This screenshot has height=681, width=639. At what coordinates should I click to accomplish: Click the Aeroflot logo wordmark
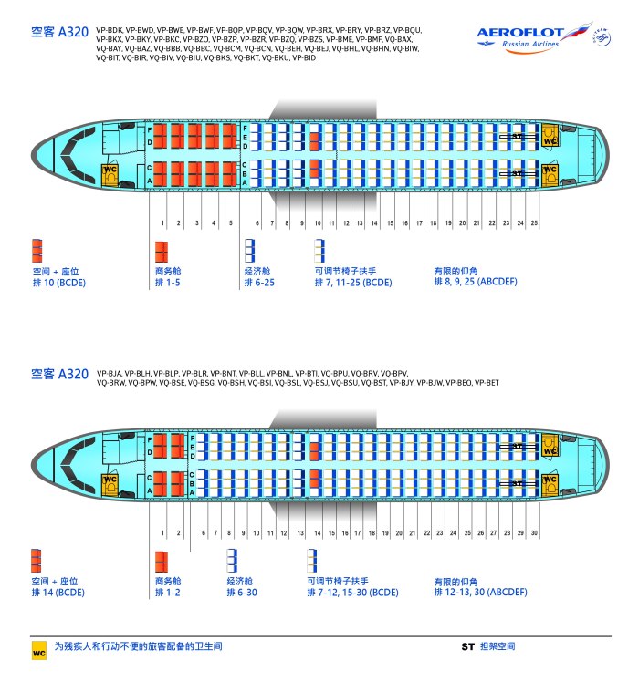pos(520,33)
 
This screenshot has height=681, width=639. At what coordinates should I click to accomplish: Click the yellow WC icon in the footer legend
pos(38,651)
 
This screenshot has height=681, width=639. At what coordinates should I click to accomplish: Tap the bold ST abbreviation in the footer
pos(467,646)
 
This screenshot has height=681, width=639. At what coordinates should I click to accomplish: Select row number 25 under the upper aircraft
pos(534,222)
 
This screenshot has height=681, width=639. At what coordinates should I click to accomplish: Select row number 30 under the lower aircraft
pos(534,533)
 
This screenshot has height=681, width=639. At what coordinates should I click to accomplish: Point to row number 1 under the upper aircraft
pos(162,222)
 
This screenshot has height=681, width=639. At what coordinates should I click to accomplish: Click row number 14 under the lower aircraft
pos(318,533)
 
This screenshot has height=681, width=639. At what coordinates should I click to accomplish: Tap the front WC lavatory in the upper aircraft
pos(110,175)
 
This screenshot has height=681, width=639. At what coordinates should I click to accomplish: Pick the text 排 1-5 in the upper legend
pos(167,283)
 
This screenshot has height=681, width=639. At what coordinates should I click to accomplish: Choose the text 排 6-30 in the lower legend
pos(242,593)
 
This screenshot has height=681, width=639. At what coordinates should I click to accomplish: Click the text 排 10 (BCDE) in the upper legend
pos(59,283)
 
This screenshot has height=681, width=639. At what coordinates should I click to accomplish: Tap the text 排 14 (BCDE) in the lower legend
pos(58,593)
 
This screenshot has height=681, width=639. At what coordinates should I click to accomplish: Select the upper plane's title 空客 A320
pos(59,32)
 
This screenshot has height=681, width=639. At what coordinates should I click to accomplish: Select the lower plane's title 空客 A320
pos(59,374)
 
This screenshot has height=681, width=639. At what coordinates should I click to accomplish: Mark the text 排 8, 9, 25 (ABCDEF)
pos(476,282)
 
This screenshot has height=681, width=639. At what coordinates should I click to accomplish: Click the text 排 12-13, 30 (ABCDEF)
pos(480,592)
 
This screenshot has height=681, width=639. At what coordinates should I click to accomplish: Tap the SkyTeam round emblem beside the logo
pos(602,37)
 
